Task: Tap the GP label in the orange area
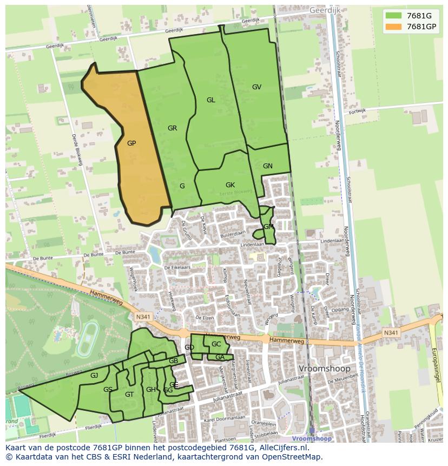[x=131, y=143]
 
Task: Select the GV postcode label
[x=256, y=87]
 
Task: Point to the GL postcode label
[x=210, y=100]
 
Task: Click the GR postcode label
[x=173, y=128]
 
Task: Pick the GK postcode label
[x=230, y=185]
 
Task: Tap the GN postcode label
[x=267, y=166]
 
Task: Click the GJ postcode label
[x=94, y=376]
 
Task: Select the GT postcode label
[x=129, y=395]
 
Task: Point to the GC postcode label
[x=216, y=344]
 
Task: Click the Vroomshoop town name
[x=325, y=369]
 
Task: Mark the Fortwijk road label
[x=357, y=111]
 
